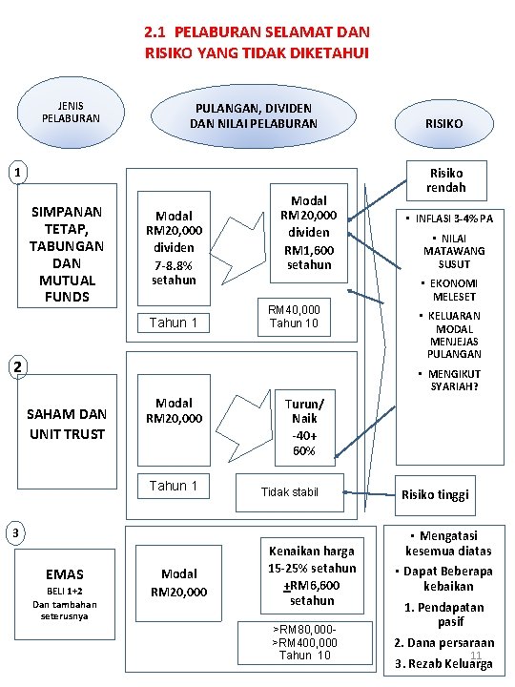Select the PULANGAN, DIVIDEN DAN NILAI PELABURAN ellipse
click(254, 115)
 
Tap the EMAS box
click(65, 588)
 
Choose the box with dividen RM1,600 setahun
click(308, 233)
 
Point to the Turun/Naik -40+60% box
click(303, 426)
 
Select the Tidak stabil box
click(289, 492)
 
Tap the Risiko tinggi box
click(435, 495)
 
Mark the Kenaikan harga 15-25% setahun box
click(312, 575)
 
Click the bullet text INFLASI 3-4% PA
click(448, 219)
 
